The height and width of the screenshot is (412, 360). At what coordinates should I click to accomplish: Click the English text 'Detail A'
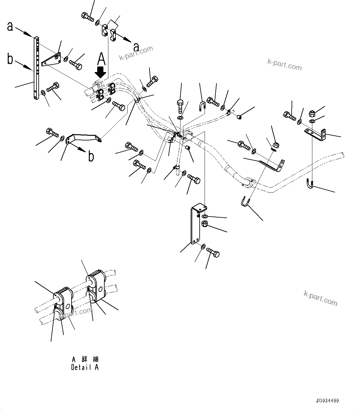pyautogui.click(x=85, y=367)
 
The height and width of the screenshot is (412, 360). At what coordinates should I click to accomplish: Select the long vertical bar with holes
pyautogui.click(x=37, y=68)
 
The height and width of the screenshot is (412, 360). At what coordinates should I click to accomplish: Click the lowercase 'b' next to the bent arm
pyautogui.click(x=91, y=157)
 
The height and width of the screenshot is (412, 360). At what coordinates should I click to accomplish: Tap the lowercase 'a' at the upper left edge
pyautogui.click(x=10, y=27)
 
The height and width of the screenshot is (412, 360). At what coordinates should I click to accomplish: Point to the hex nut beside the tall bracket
pyautogui.click(x=205, y=224)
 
